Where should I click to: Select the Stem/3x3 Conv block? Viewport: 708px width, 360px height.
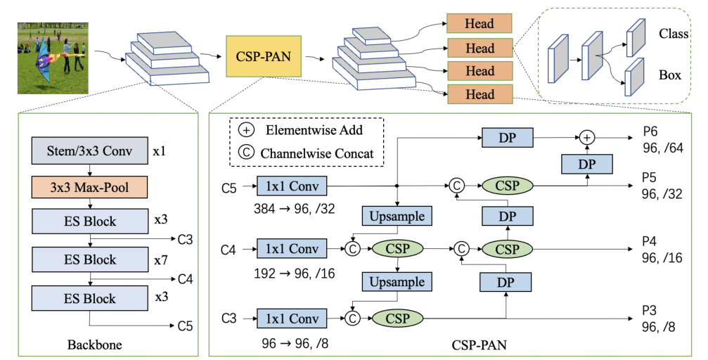click(x=88, y=152)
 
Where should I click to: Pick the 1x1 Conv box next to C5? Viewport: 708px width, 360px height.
click(x=291, y=187)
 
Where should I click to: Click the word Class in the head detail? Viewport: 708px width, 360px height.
click(x=674, y=34)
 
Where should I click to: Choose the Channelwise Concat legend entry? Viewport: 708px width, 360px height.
click(x=307, y=153)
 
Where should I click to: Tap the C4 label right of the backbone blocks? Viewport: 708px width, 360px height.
click(x=186, y=280)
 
